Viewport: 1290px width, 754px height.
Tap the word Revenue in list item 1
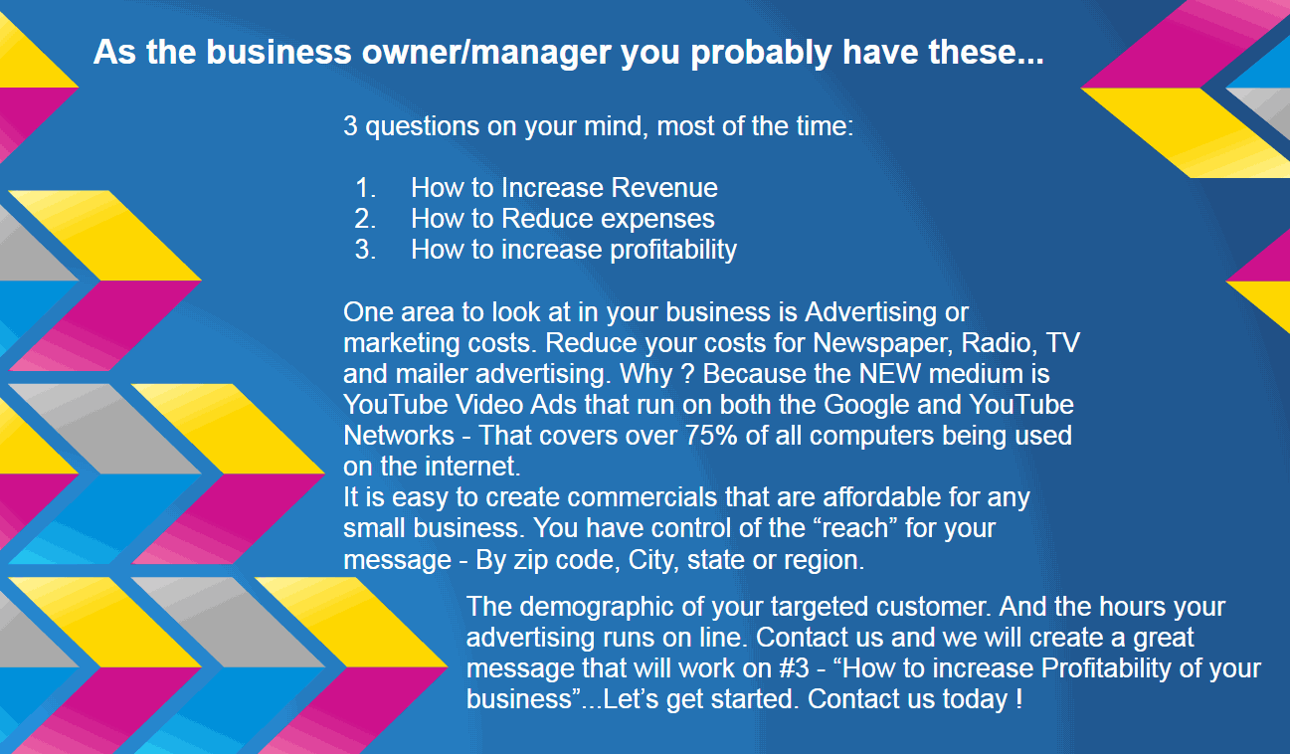pos(664,188)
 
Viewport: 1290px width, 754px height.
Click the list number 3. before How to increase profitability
pos(366,250)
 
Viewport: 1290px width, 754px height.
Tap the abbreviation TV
pos(1063,343)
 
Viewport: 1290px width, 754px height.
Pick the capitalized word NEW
pos(890,374)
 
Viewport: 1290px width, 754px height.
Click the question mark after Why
pos(687,374)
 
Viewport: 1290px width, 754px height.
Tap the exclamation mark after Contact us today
pos(1018,699)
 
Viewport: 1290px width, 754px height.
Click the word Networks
pos(399,436)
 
